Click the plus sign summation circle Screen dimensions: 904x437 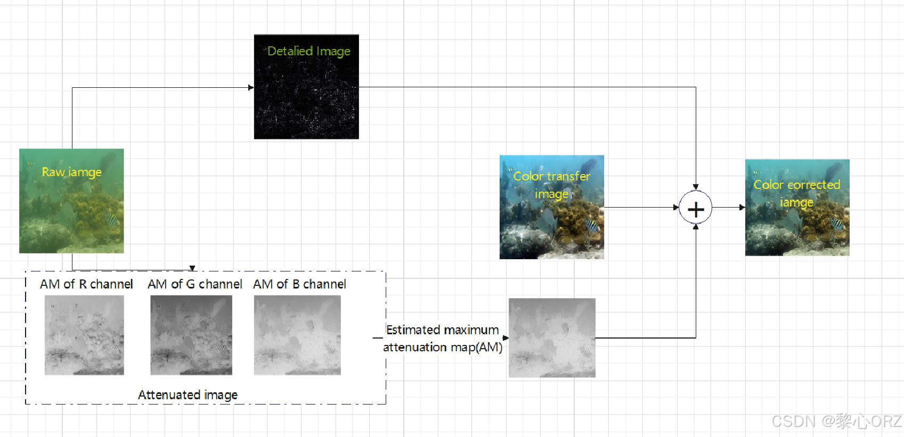pos(695,208)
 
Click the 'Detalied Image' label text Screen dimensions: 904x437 pos(308,51)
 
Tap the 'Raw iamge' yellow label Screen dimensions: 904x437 pos(72,172)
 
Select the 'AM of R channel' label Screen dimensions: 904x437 pos(86,284)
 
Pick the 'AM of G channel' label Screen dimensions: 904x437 pos(195,284)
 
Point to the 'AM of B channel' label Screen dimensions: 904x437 pos(299,284)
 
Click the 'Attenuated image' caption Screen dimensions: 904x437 pos(188,395)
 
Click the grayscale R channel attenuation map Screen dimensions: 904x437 pos(84,335)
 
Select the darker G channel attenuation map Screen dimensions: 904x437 pos(191,335)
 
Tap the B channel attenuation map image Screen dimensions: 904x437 pos(297,335)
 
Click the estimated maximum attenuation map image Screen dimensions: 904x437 pos(552,338)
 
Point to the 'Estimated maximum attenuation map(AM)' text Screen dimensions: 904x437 pos(442,339)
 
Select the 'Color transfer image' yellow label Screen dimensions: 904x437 pos(551,185)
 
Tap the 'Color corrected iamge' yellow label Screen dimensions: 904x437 pos(796,193)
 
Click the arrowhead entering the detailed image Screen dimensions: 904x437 pos(251,87)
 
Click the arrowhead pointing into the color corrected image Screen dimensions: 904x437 pos(742,208)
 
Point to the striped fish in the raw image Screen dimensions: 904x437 pos(110,219)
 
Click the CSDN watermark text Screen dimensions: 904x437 pos(836,422)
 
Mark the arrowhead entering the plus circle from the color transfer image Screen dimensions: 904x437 pos(676,208)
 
